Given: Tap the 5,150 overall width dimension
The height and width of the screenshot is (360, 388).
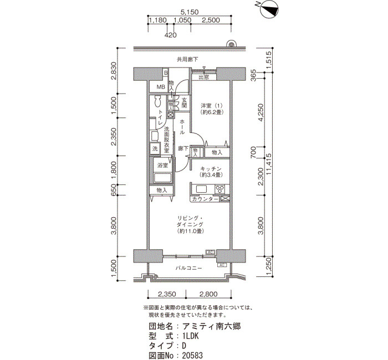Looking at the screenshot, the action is coord(190,12).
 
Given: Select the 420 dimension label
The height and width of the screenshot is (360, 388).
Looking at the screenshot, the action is coord(171,35).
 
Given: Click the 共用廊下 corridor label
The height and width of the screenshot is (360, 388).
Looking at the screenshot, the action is coord(187,59).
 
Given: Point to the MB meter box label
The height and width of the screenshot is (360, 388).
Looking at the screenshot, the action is coord(161,87).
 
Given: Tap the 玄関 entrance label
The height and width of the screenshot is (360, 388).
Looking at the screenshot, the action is coord(184,103).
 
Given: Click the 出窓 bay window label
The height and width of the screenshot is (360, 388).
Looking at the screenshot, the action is coord(204,78).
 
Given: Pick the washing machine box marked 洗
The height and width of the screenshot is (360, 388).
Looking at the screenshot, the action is coord(155,149).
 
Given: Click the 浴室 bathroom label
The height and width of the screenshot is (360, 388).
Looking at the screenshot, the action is coord(163,166).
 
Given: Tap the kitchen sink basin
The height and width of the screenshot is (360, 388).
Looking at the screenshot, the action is coord(201,189).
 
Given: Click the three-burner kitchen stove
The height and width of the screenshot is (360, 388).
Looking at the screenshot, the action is coord(219,189).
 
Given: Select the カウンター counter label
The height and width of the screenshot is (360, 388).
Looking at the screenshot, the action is coord(205,199).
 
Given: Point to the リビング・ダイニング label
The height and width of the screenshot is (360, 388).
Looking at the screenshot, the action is coord(190,222).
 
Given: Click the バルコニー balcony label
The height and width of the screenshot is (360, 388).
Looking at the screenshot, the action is coord(189,268).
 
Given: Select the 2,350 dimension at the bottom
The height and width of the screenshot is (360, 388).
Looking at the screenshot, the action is coord(167,294).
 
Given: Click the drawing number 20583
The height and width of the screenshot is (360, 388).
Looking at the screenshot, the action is coord(192,356).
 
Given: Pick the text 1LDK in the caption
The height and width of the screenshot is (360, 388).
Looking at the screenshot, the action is coord(191,336).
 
